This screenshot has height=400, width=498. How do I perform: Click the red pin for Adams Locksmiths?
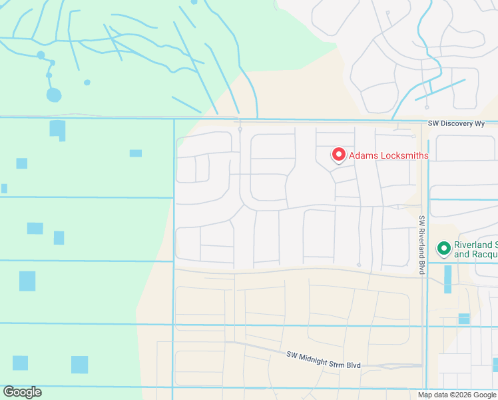338,155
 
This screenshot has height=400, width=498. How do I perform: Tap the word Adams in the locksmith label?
364,156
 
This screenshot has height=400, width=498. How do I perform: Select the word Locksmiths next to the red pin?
403,156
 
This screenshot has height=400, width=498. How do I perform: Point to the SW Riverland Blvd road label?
421,245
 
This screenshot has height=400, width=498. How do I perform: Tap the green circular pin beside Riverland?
443,249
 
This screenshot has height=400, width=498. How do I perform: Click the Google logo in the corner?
22,392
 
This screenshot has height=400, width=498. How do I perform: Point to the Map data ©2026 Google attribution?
457,395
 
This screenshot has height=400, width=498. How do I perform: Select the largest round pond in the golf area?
54,95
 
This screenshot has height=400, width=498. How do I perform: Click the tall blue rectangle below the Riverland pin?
447,279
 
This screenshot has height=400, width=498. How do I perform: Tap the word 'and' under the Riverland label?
461,254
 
